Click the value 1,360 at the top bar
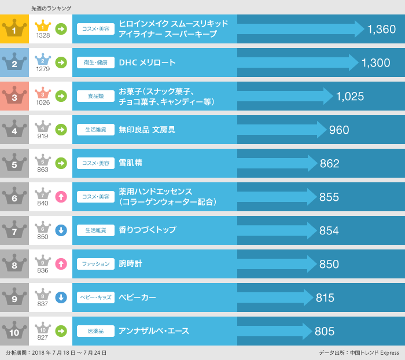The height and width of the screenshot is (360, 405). pyautogui.click(x=381, y=30)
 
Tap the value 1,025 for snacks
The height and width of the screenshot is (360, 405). pyautogui.click(x=349, y=97)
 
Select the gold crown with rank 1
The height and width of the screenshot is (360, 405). pyautogui.click(x=14, y=29)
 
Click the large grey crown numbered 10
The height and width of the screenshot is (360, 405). pyautogui.click(x=14, y=331)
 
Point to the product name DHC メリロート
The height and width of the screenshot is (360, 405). pyautogui.click(x=147, y=63)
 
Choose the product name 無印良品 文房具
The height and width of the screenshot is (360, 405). pyautogui.click(x=147, y=130)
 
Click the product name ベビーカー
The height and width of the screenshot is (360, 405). pyautogui.click(x=137, y=297)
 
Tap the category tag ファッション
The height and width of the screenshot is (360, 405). pyautogui.click(x=95, y=264)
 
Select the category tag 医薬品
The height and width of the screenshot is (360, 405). pyautogui.click(x=95, y=331)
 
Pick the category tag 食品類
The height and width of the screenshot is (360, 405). pyautogui.click(x=95, y=96)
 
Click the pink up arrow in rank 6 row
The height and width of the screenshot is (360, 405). pyautogui.click(x=61, y=197)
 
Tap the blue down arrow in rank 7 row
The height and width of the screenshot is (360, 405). pyautogui.click(x=61, y=230)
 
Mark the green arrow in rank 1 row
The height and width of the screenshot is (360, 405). pyautogui.click(x=61, y=29)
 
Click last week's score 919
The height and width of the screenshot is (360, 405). pyautogui.click(x=43, y=137)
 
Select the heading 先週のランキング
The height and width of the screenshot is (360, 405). pyautogui.click(x=51, y=8)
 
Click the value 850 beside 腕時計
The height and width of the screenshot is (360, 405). pyautogui.click(x=329, y=265)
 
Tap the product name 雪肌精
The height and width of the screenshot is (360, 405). pyautogui.click(x=130, y=163)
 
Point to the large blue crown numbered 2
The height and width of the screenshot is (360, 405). pyautogui.click(x=14, y=63)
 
